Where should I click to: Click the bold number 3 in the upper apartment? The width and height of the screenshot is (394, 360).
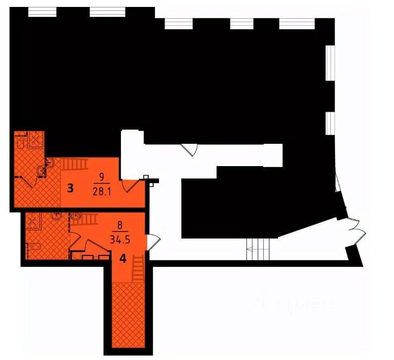70,188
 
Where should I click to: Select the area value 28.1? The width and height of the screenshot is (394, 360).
101,191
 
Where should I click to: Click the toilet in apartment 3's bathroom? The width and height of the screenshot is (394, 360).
21,142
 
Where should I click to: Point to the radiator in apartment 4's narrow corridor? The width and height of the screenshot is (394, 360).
138,266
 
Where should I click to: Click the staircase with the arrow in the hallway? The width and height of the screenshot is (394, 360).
259,248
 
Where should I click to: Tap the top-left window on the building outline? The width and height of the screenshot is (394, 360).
42,12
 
